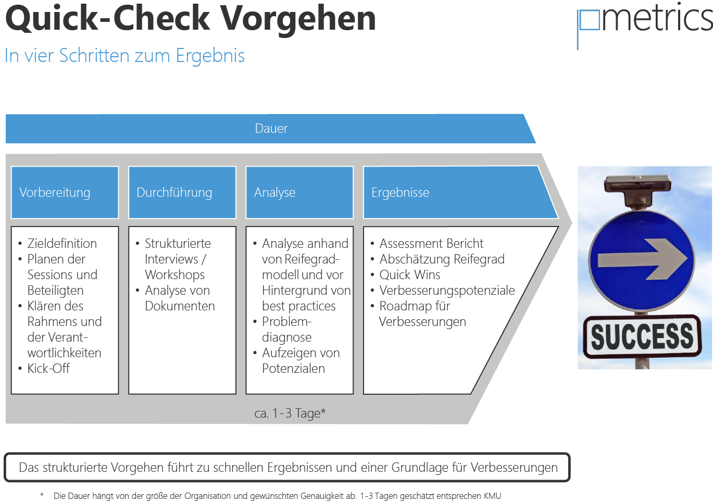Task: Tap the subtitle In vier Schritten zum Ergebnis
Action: coord(124,56)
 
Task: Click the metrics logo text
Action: coord(656,18)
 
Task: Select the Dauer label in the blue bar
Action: coord(271,129)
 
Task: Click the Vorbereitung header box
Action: coord(65,192)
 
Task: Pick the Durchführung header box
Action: coord(182,192)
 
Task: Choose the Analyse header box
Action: coord(299,192)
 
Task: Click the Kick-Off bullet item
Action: coord(48,369)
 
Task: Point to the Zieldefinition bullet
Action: coord(62,243)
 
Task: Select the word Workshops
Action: coord(174,274)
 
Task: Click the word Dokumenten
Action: coord(180,306)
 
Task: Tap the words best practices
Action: coord(298,306)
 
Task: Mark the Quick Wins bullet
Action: coord(409,274)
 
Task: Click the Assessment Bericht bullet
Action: coord(431,243)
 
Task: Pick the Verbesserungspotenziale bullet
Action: coord(447,290)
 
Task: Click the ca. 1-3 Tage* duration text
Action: coord(290,413)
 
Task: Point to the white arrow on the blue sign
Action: coord(643,259)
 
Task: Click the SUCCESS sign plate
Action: coord(642,336)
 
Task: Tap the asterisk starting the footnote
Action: coord(42,495)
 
